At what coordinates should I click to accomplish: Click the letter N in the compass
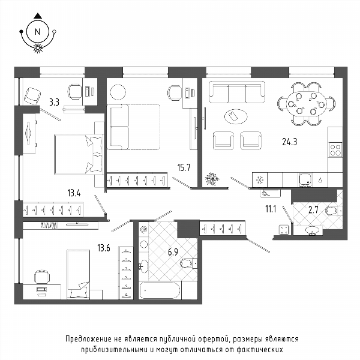tap(37, 32)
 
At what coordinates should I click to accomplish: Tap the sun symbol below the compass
tap(38, 48)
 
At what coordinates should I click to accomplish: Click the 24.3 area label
tap(290, 142)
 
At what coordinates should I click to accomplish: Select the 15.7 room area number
tap(184, 167)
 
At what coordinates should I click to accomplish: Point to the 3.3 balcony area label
tap(55, 102)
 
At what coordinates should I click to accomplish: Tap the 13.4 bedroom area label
tap(74, 193)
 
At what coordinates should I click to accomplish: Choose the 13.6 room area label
tap(104, 248)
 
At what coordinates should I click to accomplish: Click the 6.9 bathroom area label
tap(173, 252)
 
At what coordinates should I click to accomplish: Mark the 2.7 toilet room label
tap(313, 210)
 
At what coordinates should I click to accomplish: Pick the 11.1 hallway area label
tap(271, 209)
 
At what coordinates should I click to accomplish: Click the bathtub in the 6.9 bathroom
tap(160, 290)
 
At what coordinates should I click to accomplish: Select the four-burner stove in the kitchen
tap(335, 149)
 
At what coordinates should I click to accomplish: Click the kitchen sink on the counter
tap(305, 180)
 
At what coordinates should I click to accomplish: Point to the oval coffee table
tap(236, 116)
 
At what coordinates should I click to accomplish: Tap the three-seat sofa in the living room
tap(237, 92)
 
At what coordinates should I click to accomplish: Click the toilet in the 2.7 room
tap(332, 211)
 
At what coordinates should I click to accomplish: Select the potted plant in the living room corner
tap(212, 179)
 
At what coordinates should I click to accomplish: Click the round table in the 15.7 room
tap(118, 92)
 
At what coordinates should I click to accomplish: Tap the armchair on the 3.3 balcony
tap(32, 96)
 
